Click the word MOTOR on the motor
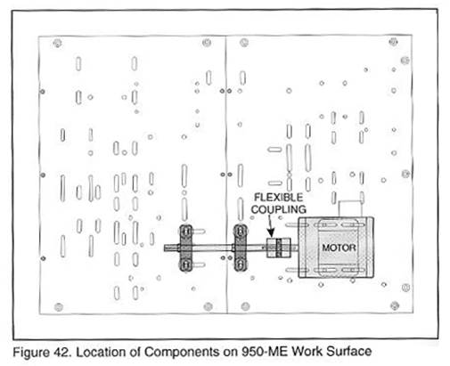(x=339, y=248)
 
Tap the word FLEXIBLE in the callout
(x=278, y=198)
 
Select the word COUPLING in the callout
(x=279, y=209)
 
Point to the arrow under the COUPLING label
(x=270, y=226)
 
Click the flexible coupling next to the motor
(x=279, y=248)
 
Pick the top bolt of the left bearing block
(x=186, y=231)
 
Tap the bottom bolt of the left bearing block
(x=186, y=264)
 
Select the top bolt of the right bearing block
(x=241, y=231)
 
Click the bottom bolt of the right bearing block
(x=241, y=264)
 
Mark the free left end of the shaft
(x=165, y=248)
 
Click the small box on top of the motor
(x=350, y=209)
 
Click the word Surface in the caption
(x=349, y=352)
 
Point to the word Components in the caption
(x=181, y=352)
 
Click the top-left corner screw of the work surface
(x=57, y=44)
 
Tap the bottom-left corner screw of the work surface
(x=59, y=307)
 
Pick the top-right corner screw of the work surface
(x=393, y=42)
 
